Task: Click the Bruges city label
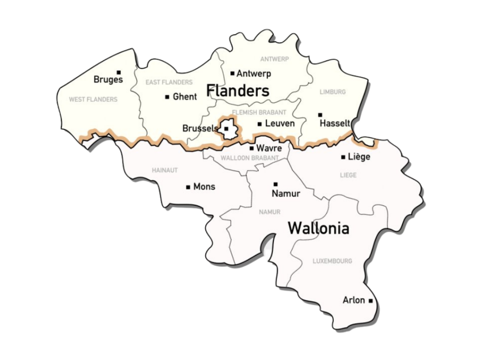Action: coord(108,80)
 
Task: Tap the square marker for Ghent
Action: coord(167,97)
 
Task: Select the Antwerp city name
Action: coord(254,74)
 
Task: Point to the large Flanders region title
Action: coord(238,90)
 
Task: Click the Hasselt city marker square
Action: coord(320,115)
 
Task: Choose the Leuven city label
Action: coord(280,124)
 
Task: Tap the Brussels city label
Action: coord(200,128)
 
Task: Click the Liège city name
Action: coord(359,157)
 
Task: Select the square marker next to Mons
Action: coord(188,187)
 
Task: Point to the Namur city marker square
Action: coord(276,184)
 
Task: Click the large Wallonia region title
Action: coord(318,228)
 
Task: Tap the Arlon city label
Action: coord(353,300)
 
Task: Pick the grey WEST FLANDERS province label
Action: coord(93,99)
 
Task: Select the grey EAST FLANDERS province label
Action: coord(169,82)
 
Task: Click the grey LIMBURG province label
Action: coord(332,92)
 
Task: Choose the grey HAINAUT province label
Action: coord(165,170)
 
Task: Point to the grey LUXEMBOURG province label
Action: coord(332,261)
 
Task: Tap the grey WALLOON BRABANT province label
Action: coord(249,158)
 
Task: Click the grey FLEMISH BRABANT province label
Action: coord(259,112)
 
